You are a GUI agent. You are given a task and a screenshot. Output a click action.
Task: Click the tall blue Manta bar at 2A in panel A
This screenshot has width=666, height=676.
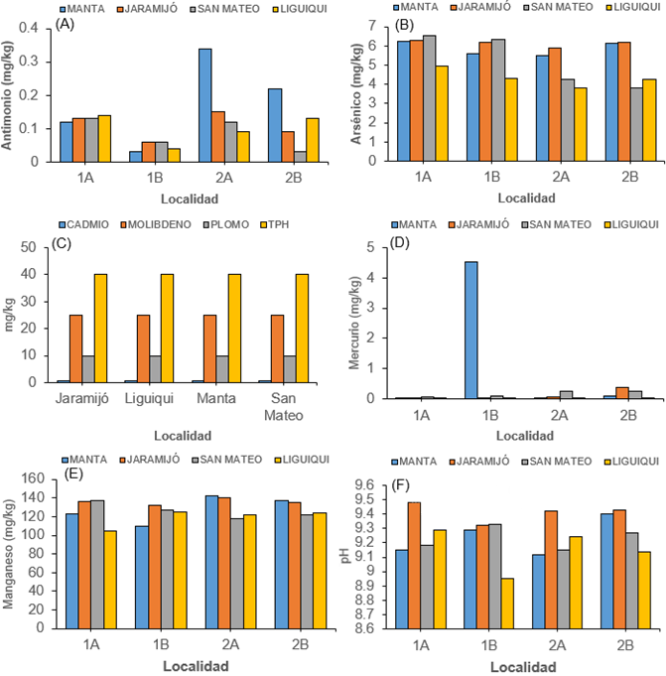[204, 104]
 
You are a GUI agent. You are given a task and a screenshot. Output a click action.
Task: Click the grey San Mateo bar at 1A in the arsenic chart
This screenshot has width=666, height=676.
[429, 98]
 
